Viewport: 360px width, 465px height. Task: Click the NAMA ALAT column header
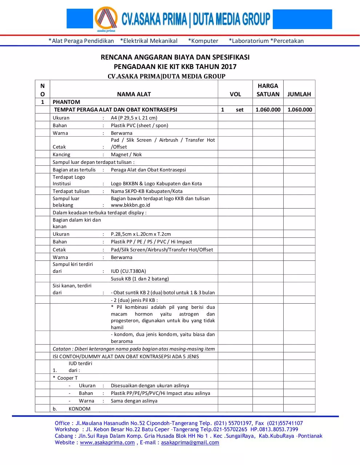point(134,94)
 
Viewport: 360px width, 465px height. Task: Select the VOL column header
point(235,94)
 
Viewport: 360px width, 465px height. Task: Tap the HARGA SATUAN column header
point(268,90)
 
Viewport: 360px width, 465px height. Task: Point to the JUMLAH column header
point(299,94)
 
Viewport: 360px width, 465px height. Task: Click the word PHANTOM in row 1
point(66,102)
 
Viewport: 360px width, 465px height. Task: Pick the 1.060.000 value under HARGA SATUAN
point(268,110)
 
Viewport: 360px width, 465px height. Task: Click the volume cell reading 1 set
point(233,110)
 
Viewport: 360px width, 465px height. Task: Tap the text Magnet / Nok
point(126,154)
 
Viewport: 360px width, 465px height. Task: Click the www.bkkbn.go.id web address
point(131,205)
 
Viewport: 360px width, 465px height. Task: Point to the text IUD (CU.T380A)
point(128,271)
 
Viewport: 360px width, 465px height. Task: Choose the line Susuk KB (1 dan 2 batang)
point(140,279)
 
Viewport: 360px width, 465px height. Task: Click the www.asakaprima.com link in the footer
point(107,442)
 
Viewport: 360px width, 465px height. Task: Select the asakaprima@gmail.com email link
point(190,442)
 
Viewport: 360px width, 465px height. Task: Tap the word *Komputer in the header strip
point(203,41)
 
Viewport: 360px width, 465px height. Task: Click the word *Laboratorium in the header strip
point(249,41)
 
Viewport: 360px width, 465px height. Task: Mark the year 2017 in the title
point(228,66)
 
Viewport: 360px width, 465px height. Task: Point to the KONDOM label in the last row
point(79,409)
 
